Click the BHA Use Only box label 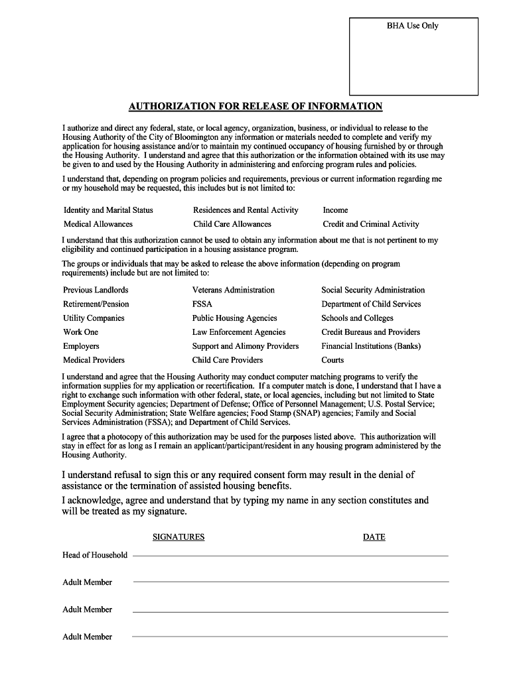(413, 26)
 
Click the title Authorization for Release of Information (256, 106)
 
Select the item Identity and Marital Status (108, 210)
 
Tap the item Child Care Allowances (232, 224)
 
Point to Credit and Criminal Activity (371, 224)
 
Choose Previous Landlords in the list (96, 290)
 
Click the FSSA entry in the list (202, 304)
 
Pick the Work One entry (80, 332)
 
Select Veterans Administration (233, 290)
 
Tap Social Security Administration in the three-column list (373, 290)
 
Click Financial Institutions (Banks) (371, 346)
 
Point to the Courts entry (332, 360)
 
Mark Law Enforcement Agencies (239, 332)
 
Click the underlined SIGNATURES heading (179, 537)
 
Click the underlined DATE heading (374, 537)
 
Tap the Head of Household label (95, 555)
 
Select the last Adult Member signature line (290, 636)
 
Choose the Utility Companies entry (94, 318)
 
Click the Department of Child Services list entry (371, 304)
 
